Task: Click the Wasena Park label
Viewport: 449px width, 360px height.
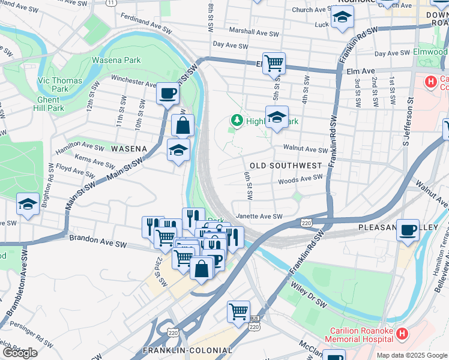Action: click(116, 60)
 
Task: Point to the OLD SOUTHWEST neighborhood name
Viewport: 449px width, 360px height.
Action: click(282, 165)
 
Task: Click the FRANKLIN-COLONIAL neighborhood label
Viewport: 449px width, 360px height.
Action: click(187, 350)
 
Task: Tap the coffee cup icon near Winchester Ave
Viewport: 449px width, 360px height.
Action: click(167, 94)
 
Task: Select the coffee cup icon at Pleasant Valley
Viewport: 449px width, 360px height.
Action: click(408, 230)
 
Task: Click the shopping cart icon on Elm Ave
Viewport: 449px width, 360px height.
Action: click(274, 62)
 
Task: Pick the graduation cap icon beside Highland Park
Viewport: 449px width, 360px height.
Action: click(277, 117)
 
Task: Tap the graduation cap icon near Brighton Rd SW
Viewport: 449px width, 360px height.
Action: click(28, 204)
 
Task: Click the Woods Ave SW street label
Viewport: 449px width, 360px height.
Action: click(300, 179)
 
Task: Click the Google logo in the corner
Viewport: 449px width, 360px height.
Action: click(20, 353)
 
